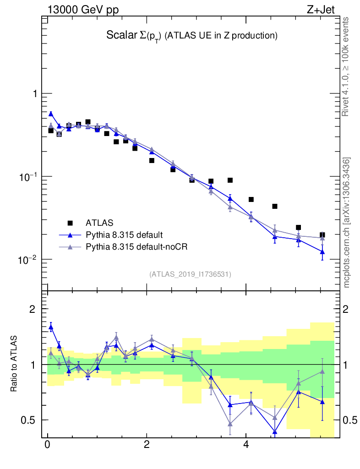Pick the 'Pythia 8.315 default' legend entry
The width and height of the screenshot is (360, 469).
[x=124, y=235]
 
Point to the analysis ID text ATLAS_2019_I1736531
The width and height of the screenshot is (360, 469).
[x=190, y=274]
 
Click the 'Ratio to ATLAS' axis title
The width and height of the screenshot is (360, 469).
[x=14, y=364]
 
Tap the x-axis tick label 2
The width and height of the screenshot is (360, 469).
[x=147, y=445]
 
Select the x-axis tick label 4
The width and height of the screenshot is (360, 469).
[x=246, y=445]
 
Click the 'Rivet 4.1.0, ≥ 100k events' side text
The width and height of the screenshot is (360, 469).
[x=346, y=66]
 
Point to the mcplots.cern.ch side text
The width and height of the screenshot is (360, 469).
[x=346, y=222]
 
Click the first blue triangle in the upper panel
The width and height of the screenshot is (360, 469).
[x=51, y=114]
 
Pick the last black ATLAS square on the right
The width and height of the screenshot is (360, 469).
[x=322, y=235]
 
